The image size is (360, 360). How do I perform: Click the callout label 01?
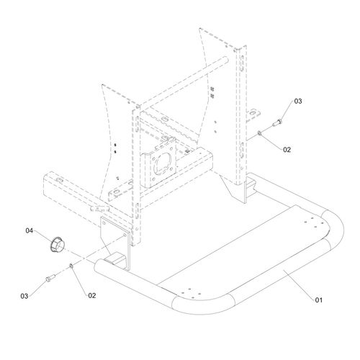coord(319,300)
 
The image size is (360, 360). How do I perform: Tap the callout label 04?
coord(29,230)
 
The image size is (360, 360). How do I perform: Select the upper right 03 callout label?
coord(298,102)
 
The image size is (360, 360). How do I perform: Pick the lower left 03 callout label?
coord(24,296)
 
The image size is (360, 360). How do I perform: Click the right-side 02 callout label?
coord(287,150)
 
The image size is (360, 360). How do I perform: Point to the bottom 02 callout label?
coord(92,296)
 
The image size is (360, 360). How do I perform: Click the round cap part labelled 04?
coord(58,244)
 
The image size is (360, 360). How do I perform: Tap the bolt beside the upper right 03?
coord(277,122)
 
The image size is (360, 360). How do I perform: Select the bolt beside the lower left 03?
coord(50,278)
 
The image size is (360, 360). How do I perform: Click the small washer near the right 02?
coord(259,132)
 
